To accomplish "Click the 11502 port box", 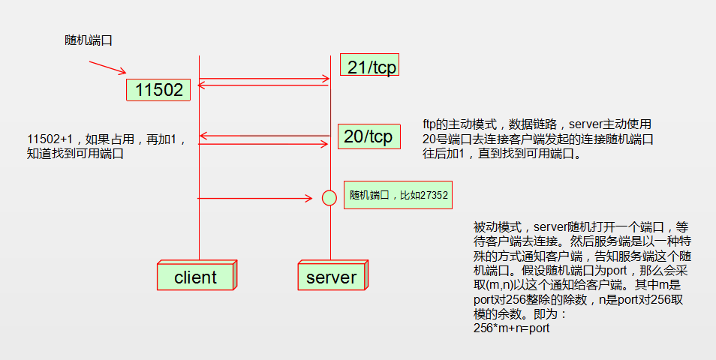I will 158,90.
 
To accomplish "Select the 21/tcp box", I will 368,65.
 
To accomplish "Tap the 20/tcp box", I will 368,136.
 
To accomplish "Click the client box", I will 195,277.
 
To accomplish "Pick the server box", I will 331,277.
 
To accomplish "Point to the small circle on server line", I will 329,198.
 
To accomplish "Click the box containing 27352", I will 398,195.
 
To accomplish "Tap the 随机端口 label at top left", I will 89,40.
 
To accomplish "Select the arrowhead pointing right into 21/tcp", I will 326,78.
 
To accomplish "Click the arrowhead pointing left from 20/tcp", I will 203,136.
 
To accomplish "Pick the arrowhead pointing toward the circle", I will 308,198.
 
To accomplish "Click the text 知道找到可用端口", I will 74,154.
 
